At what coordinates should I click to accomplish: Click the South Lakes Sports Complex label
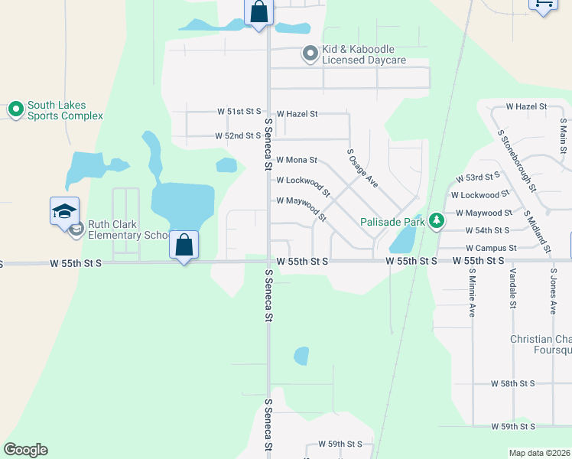[x=65, y=111]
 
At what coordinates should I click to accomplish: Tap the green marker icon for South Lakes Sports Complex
[x=15, y=110]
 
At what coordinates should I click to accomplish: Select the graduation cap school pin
[x=64, y=210]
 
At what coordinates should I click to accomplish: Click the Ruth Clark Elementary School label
[x=127, y=229]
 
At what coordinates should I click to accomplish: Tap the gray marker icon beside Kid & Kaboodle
[x=310, y=54]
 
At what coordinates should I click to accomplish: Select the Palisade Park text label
[x=392, y=223]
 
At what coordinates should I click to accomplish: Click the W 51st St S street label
[x=239, y=112]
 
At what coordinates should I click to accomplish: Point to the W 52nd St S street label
[x=239, y=136]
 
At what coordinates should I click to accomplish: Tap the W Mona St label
[x=296, y=161]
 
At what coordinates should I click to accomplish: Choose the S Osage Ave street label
[x=362, y=168]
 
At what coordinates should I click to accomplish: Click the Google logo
[x=25, y=450]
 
